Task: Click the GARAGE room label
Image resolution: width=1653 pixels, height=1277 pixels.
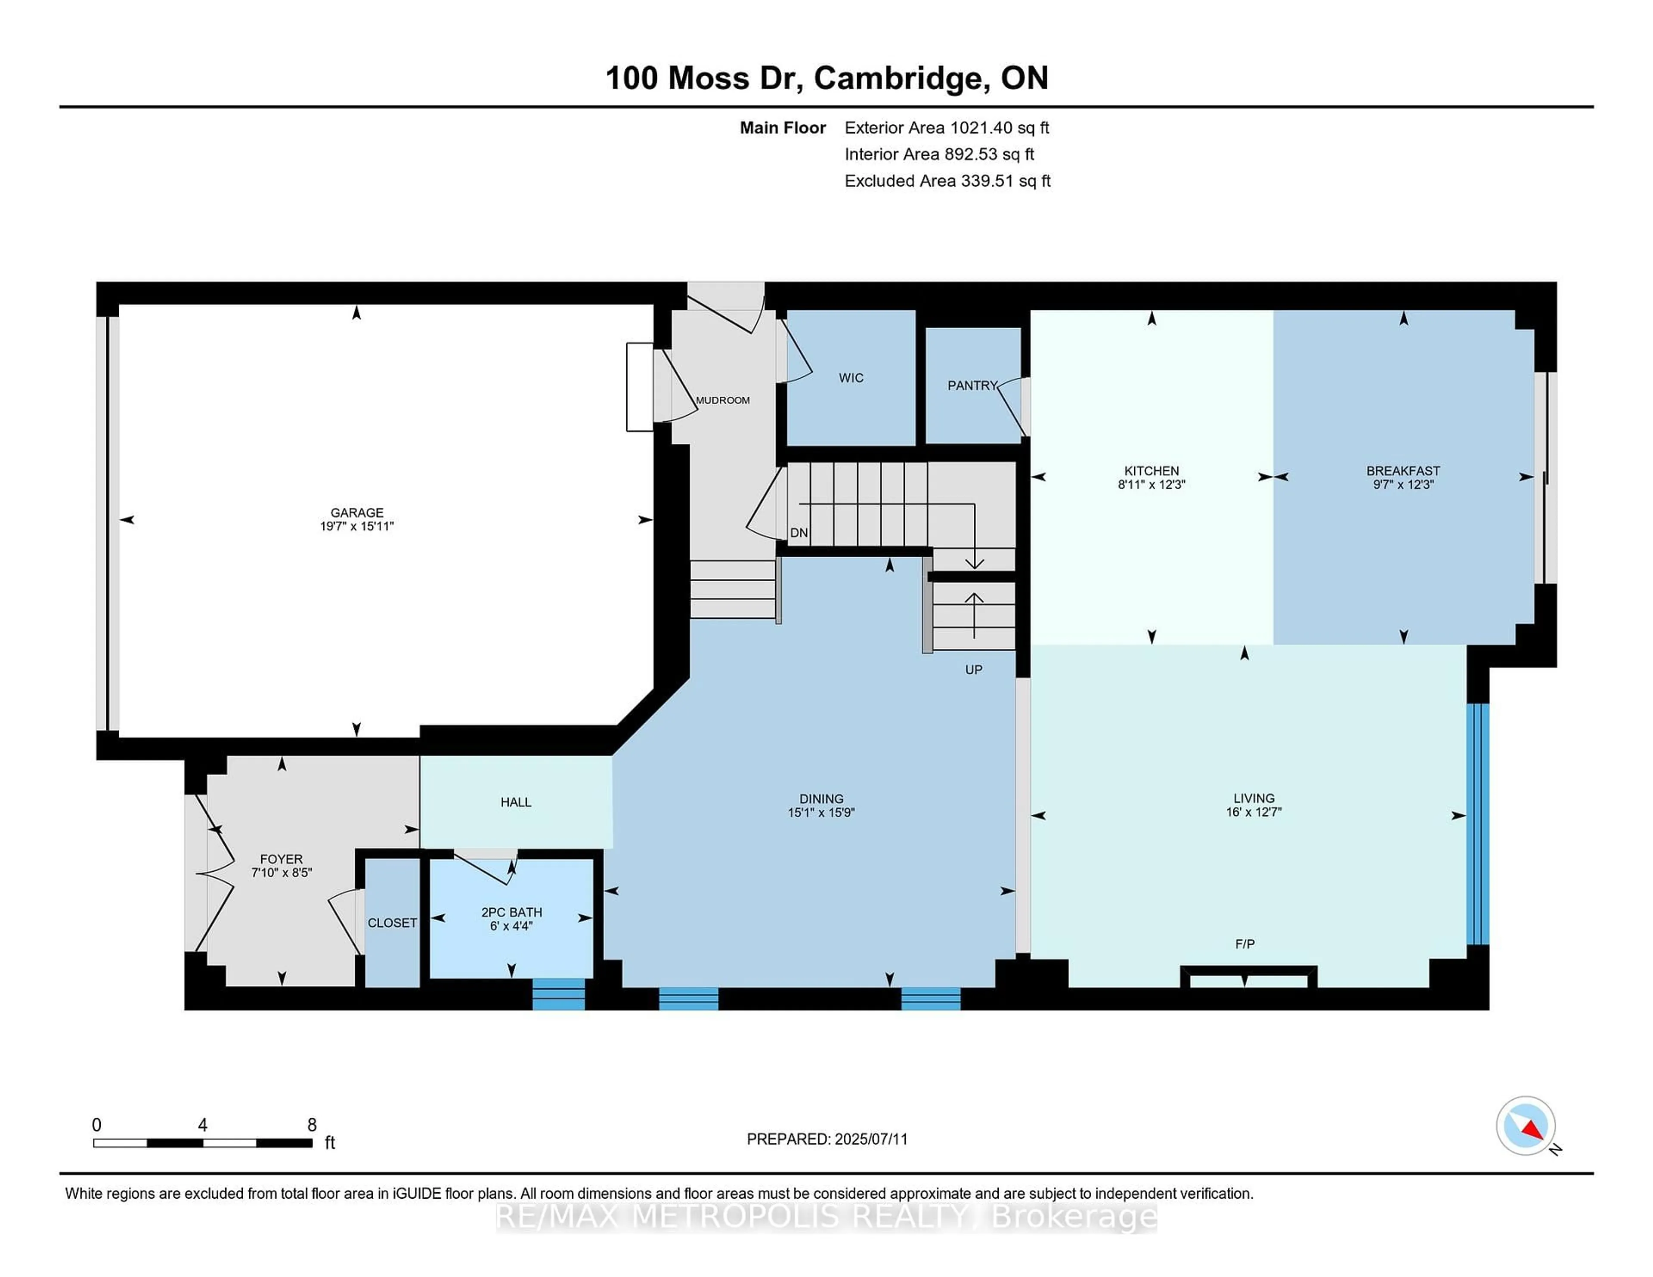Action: (x=356, y=512)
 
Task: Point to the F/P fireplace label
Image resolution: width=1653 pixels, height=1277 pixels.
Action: (x=1244, y=944)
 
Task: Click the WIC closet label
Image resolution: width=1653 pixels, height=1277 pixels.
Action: (x=851, y=377)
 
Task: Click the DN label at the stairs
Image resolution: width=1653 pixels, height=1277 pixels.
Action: (x=799, y=533)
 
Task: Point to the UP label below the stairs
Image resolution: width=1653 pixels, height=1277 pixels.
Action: (x=973, y=669)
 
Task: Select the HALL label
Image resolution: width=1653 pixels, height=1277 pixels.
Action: (x=515, y=802)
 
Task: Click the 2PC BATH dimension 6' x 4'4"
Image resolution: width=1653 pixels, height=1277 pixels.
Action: (x=512, y=925)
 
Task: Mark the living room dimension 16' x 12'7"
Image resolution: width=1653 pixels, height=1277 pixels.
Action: (x=1254, y=812)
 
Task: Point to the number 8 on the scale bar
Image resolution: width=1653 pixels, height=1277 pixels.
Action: (x=312, y=1125)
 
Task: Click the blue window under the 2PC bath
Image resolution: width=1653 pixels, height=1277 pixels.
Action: (x=559, y=994)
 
